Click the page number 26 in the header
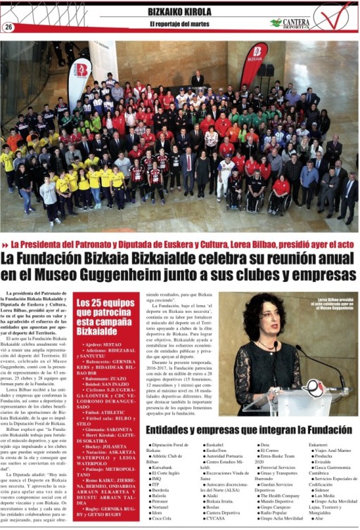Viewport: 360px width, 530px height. coord(10,27)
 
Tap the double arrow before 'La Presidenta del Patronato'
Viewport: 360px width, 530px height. coord(6,244)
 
